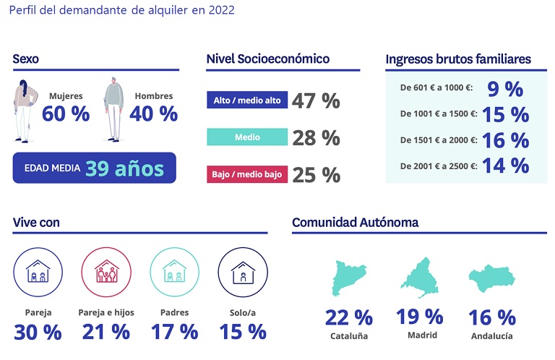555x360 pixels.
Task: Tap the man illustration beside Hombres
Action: click(x=112, y=108)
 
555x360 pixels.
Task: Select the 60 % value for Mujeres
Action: click(x=66, y=113)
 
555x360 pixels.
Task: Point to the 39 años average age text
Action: click(x=125, y=168)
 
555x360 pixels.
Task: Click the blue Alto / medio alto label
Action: click(x=247, y=100)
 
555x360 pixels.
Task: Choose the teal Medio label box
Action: click(x=247, y=137)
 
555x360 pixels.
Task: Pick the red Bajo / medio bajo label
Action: click(x=247, y=174)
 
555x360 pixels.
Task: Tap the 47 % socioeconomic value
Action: click(x=316, y=100)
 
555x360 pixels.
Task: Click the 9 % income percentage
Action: click(x=505, y=88)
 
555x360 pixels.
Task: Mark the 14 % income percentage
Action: click(x=505, y=166)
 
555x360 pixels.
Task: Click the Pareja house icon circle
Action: click(x=37, y=273)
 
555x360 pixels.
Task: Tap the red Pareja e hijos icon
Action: click(x=106, y=273)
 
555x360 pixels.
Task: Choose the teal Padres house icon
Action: click(x=174, y=273)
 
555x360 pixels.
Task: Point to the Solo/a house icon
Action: click(x=242, y=273)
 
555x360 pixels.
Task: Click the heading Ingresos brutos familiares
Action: click(x=458, y=59)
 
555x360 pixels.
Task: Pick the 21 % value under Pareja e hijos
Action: click(x=106, y=332)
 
